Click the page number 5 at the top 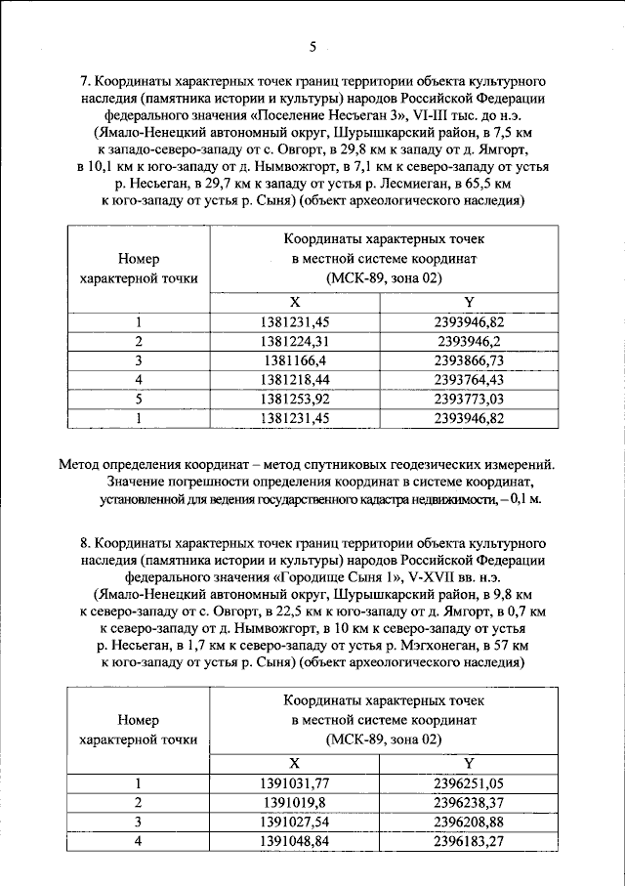point(312,46)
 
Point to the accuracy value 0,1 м point(526,497)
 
